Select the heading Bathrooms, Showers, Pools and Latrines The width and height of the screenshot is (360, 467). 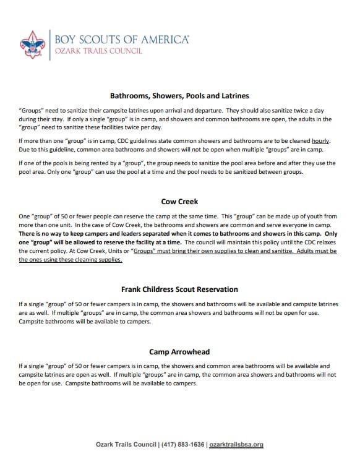(x=179, y=96)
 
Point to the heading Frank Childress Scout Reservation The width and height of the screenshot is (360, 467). (x=179, y=289)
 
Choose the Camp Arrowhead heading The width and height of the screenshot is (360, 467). (x=179, y=352)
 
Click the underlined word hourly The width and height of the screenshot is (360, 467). (x=320, y=141)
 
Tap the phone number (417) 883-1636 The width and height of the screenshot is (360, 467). (x=181, y=445)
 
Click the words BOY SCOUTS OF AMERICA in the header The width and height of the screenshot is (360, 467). (x=121, y=40)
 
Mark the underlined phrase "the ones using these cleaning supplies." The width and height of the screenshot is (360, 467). (x=71, y=260)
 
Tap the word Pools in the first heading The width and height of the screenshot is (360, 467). (x=192, y=96)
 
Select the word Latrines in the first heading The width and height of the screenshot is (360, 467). (x=232, y=96)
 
